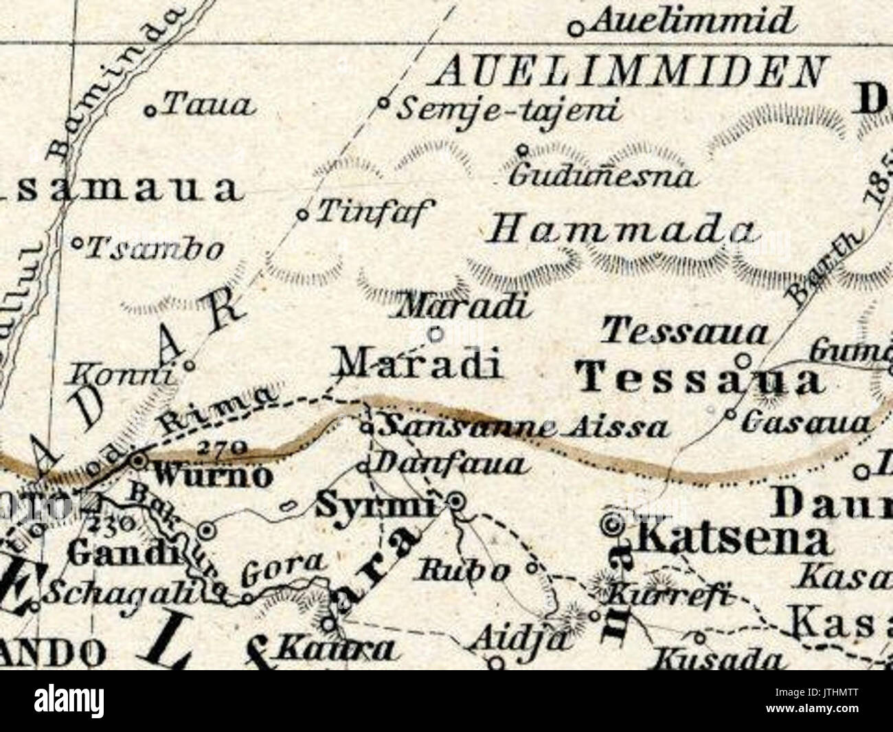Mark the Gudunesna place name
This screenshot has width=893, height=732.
point(602,177)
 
